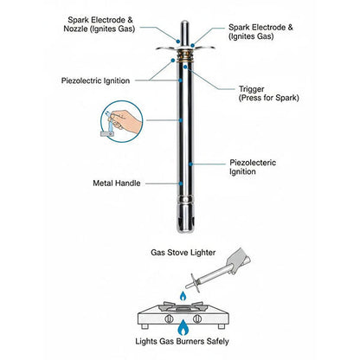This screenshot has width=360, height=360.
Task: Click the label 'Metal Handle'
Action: click(x=117, y=183)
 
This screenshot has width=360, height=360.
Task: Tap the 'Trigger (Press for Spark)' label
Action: click(x=268, y=93)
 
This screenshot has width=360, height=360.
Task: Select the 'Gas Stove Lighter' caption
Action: click(x=183, y=253)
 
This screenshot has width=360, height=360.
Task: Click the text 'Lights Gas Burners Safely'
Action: click(x=182, y=342)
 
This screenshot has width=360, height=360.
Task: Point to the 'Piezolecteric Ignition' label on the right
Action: click(x=253, y=167)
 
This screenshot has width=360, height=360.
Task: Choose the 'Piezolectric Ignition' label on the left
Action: click(x=95, y=80)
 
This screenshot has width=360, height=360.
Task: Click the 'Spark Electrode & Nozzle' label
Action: click(x=100, y=24)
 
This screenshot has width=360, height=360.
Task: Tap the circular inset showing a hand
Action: click(x=122, y=121)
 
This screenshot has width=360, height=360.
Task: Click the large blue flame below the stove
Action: click(x=183, y=327)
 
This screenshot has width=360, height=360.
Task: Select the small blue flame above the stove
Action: click(x=183, y=296)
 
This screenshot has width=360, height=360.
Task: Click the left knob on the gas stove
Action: click(x=169, y=318)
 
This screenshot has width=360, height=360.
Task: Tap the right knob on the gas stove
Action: click(x=197, y=318)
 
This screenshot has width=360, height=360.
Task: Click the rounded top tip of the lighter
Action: click(x=184, y=23)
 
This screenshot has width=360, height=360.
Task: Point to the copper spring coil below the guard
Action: click(x=185, y=55)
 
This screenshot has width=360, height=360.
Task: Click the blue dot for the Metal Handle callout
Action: click(x=181, y=183)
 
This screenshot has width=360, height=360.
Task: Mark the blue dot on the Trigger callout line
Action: click(x=185, y=67)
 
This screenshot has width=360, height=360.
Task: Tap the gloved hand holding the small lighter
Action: click(x=239, y=260)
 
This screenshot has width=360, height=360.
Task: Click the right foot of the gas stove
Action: click(x=222, y=326)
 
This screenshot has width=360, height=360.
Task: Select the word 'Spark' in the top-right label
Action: click(x=239, y=28)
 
